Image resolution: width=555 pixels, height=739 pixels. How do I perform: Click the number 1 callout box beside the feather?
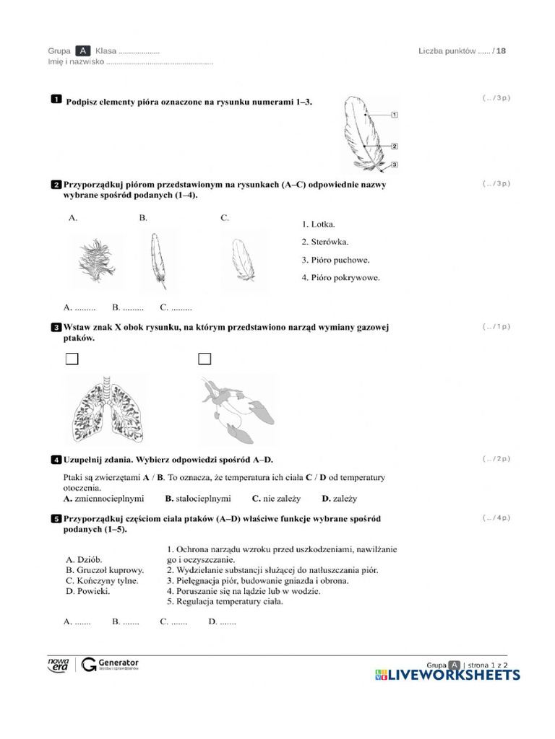point(395,115)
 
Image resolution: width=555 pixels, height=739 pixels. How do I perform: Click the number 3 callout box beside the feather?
point(395,165)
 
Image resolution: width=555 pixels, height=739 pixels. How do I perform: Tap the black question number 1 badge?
point(56,100)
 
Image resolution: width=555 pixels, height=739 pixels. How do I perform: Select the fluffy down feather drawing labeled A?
point(92,260)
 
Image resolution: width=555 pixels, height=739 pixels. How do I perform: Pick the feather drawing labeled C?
point(242,261)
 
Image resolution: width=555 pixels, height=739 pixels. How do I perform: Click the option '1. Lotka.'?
point(319,224)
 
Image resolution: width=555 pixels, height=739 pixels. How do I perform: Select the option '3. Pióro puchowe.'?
point(335,260)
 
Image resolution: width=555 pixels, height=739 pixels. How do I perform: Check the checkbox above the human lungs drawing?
point(72,359)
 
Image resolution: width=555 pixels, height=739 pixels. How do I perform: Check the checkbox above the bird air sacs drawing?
point(205,359)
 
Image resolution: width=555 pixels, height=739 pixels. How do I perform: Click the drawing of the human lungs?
point(105,411)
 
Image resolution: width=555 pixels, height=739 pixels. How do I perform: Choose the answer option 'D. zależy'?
point(339,498)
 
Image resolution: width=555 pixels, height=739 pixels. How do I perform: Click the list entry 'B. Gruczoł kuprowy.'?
point(105,569)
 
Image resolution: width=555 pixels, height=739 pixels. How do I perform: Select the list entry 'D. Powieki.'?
point(88,591)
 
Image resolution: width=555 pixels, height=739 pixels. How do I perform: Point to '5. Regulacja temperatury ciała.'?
point(225,601)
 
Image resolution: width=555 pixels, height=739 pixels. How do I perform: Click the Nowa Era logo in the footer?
point(58,665)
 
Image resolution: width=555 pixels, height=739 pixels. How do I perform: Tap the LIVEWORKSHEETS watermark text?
point(454,675)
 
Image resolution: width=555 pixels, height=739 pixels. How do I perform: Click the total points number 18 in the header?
point(502,51)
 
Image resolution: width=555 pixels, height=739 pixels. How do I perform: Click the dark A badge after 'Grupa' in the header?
point(83,51)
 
